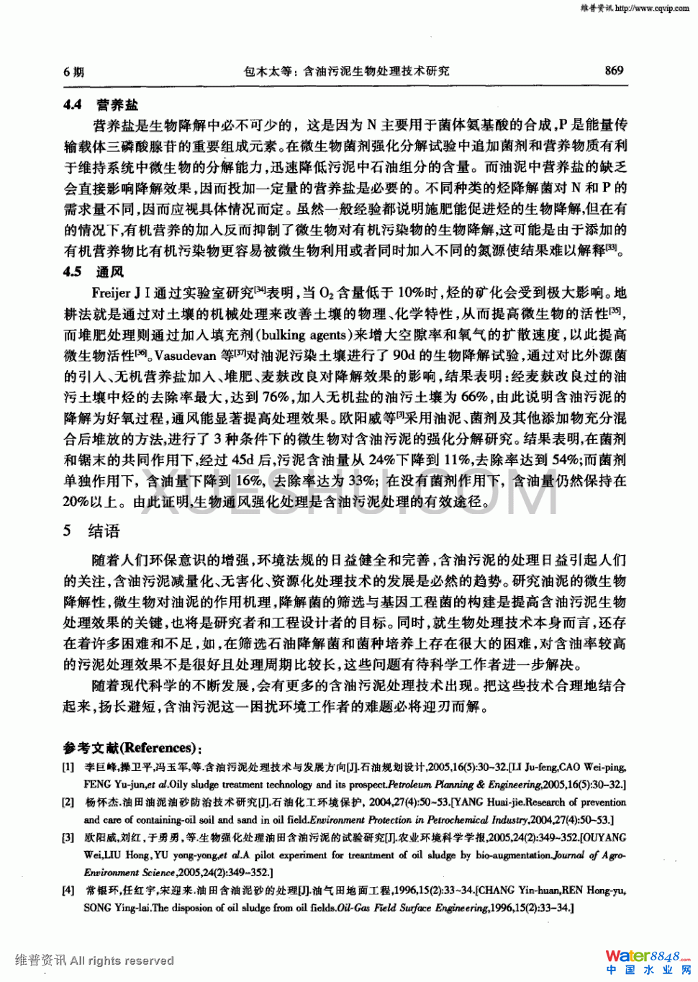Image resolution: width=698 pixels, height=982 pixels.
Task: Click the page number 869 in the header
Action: [614, 71]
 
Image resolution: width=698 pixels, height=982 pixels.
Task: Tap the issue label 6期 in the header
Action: [73, 71]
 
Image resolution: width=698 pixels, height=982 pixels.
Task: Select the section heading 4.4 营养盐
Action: [101, 104]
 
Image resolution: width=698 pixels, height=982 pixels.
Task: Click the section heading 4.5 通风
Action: [94, 271]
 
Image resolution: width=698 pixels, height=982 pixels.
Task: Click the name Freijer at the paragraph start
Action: [111, 293]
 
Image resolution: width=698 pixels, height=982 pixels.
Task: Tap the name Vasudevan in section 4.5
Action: [186, 356]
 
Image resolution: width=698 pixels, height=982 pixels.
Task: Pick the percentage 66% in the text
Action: [474, 397]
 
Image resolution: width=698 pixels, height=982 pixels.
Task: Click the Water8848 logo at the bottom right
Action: [647, 957]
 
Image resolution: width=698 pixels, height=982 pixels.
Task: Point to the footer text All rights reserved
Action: [122, 960]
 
